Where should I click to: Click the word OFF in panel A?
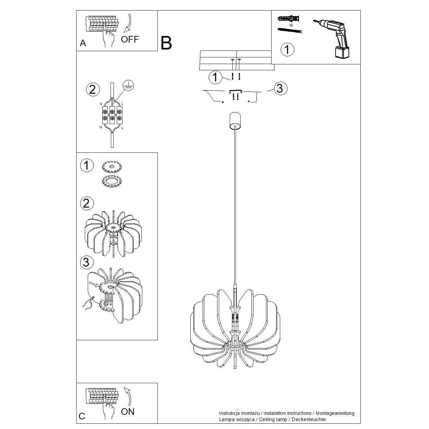click(130, 40)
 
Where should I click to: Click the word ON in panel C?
click(128, 412)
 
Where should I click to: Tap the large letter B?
click(166, 43)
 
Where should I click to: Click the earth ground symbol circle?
click(128, 85)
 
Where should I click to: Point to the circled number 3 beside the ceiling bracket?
click(280, 88)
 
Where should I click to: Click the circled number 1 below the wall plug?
click(287, 49)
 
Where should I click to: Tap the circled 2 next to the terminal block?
click(92, 89)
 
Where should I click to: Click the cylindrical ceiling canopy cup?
click(235, 121)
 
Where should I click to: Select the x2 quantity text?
click(291, 25)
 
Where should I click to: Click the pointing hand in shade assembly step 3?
click(88, 303)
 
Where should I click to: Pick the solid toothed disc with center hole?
click(112, 167)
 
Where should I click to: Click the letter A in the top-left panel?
click(83, 43)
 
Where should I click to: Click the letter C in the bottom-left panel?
click(82, 416)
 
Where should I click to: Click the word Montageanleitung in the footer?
click(335, 413)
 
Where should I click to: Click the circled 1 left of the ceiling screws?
click(215, 77)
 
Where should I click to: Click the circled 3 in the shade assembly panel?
click(86, 262)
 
